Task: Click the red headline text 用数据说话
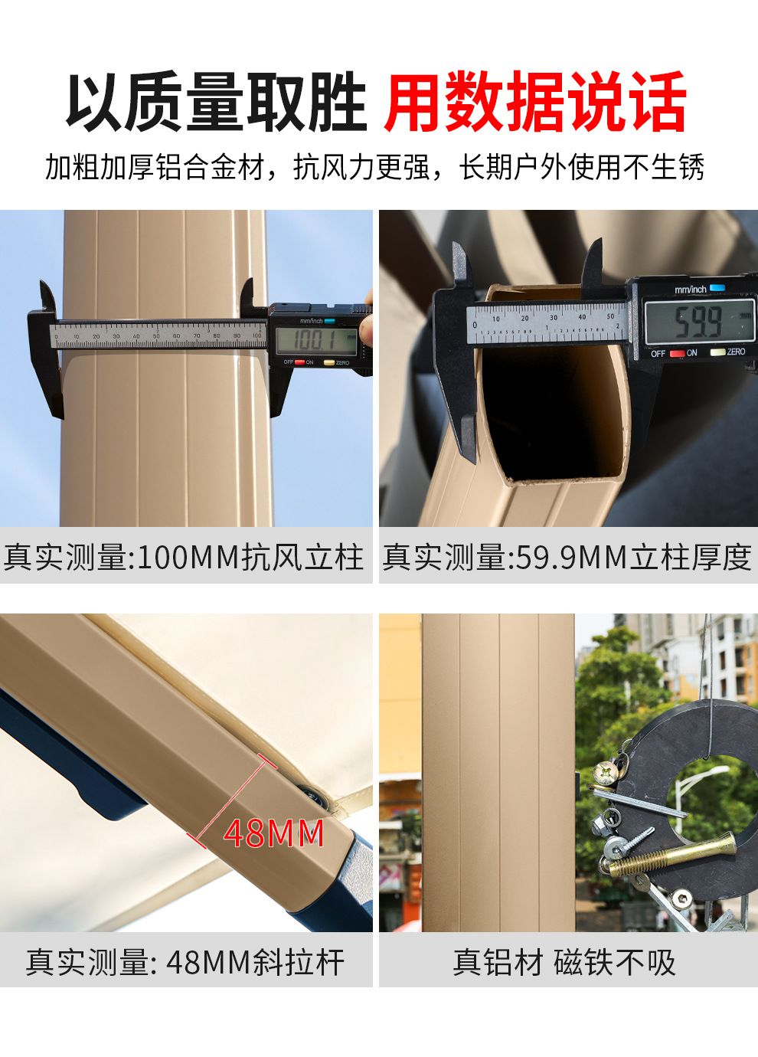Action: coord(535,102)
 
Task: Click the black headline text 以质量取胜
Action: coord(216,102)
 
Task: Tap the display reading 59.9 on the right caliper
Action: coord(698,321)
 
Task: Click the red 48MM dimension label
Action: coord(273,833)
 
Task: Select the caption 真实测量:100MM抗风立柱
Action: coord(184,557)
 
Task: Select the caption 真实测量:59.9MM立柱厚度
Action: coord(567,557)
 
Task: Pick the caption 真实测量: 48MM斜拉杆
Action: coord(185,962)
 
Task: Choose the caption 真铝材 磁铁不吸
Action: coord(564,962)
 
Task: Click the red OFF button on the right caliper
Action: coord(677,353)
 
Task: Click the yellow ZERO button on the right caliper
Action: coord(718,352)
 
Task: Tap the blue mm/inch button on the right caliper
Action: coord(717,288)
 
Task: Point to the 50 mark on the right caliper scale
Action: coord(610,317)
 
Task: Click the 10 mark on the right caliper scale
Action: coord(495,319)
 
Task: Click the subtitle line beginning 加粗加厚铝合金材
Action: coord(375,167)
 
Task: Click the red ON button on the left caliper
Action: coord(300,362)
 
